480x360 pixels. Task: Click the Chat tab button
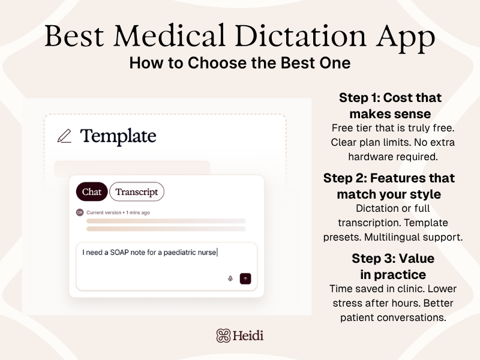coord(92,191)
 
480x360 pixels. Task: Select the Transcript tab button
coord(137,191)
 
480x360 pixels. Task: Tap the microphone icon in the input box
coord(230,278)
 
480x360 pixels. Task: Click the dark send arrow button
coord(245,278)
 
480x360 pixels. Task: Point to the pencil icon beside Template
coord(64,136)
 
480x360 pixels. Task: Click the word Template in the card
coord(118,136)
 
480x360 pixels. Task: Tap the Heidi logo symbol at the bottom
coord(224,335)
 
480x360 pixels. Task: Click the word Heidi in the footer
coord(249,335)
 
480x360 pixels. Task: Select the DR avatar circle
coord(80,212)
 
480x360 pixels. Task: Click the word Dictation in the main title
coord(293,38)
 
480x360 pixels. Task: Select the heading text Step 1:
coord(359,98)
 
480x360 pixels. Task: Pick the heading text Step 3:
coord(373,259)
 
